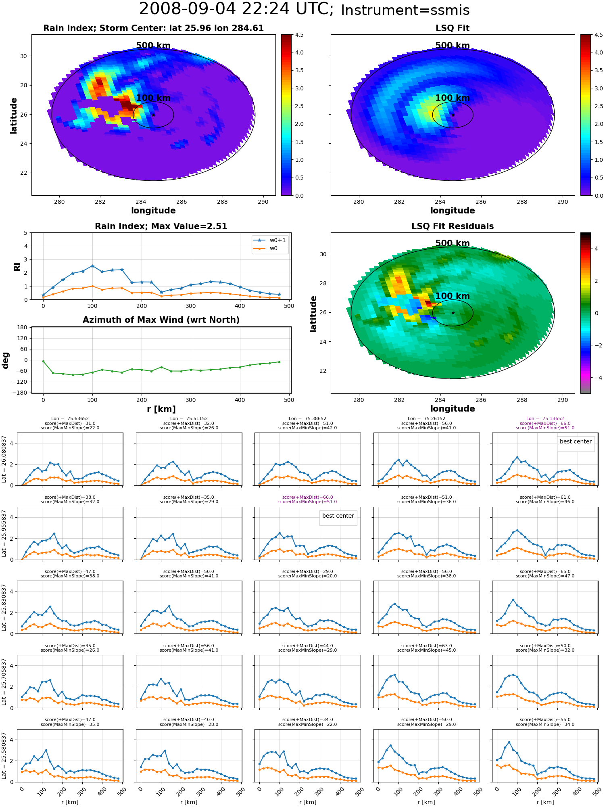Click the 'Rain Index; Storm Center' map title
pos(153,28)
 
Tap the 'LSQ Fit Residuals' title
pos(453,226)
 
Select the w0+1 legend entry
pos(270,240)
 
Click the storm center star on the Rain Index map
pos(153,115)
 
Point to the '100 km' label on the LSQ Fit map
pos(453,98)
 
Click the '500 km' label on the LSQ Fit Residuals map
pos(453,243)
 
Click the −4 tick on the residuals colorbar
pos(596,378)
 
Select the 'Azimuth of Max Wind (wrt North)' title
pos(161,320)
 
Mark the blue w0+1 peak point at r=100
pos(92,266)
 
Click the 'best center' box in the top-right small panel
pos(576,442)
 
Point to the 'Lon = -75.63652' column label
pos(70,419)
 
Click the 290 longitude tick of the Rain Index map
pos(263,202)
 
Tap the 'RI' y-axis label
pos(17,266)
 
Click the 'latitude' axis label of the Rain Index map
pos(14,115)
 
